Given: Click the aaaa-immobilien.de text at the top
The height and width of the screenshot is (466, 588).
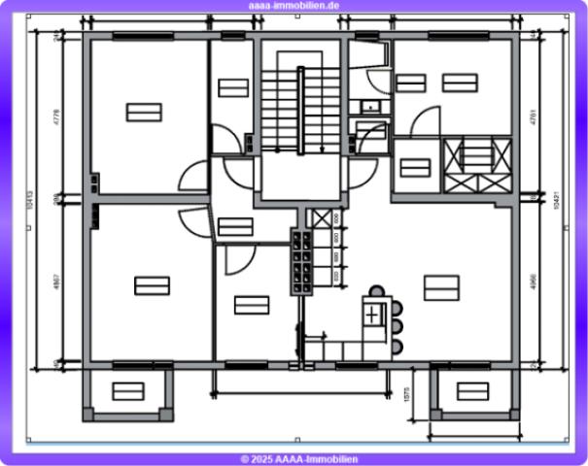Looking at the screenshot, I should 294,6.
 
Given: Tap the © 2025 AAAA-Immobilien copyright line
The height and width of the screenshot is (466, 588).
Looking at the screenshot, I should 294,458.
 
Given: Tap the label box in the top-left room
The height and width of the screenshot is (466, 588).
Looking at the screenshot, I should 143,112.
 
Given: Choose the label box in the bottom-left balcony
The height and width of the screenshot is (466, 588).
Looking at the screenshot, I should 127,391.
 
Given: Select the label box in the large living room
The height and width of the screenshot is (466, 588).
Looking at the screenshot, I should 440,287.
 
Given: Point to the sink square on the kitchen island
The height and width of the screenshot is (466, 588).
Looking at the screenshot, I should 373,315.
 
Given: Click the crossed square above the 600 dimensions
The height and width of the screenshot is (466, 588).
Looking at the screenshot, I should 320,217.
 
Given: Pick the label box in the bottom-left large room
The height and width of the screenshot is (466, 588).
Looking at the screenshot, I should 152,285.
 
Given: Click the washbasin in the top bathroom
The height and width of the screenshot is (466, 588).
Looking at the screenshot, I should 369,107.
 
